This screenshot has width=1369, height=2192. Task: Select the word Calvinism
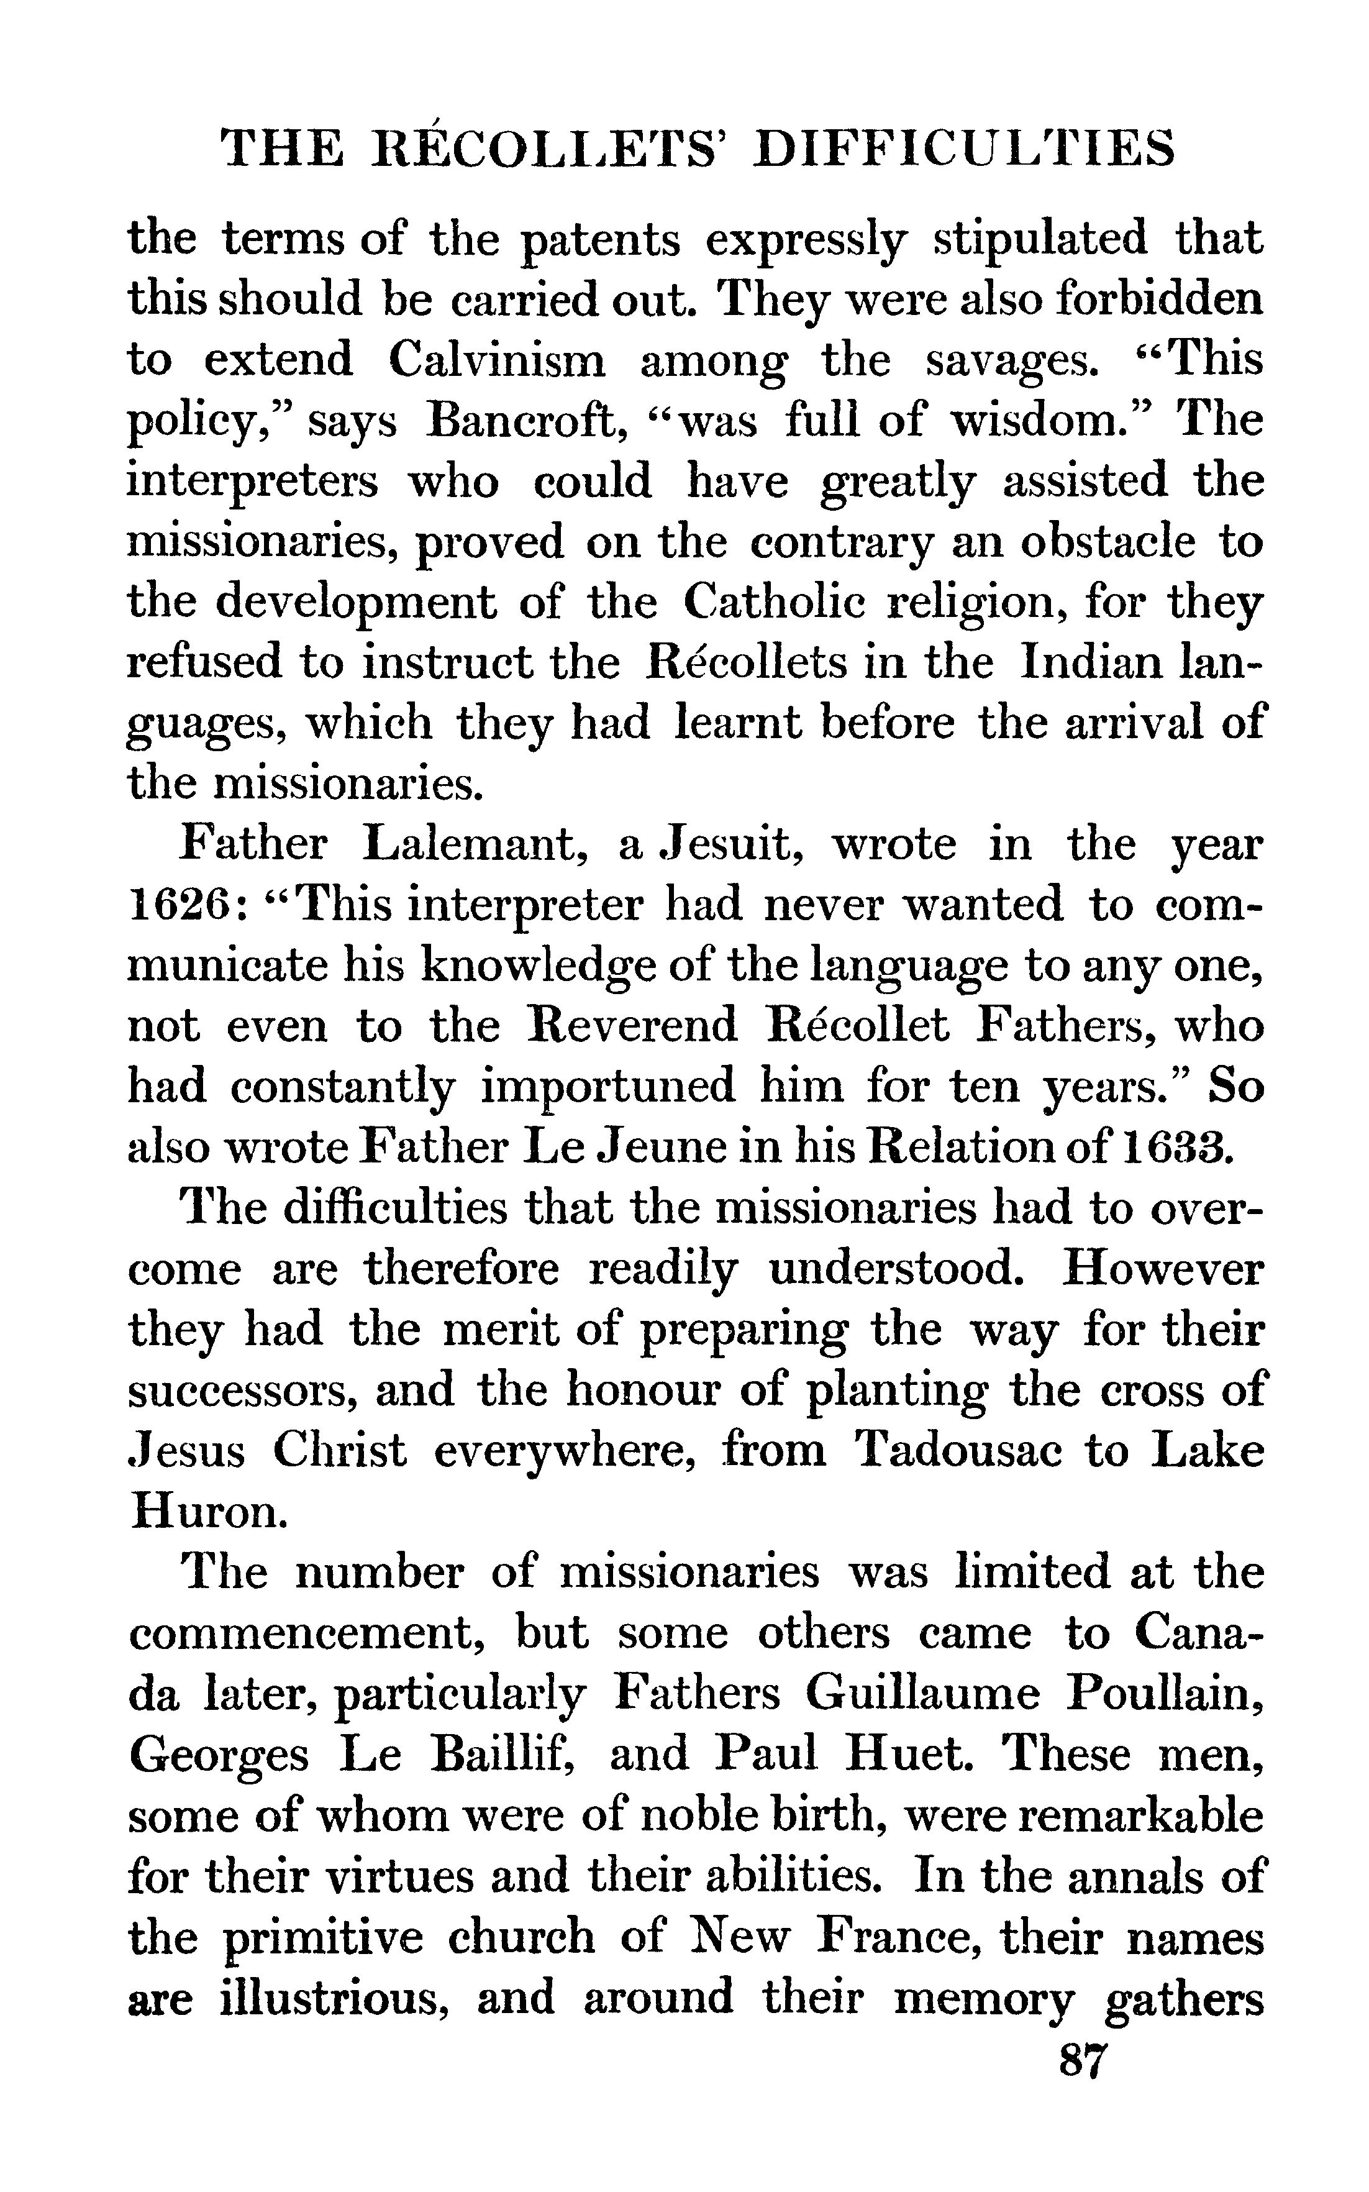tap(497, 360)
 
